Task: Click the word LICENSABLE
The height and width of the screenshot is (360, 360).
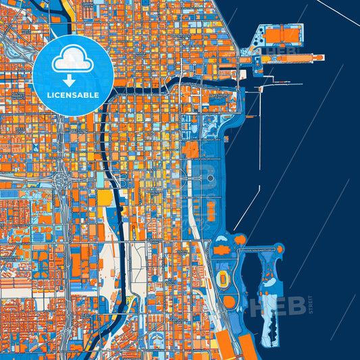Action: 73,95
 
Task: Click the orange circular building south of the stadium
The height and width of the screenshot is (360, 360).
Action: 230,302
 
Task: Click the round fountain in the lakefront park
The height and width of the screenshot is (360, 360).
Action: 211,178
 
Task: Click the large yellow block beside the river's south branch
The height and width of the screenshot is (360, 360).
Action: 106,198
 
